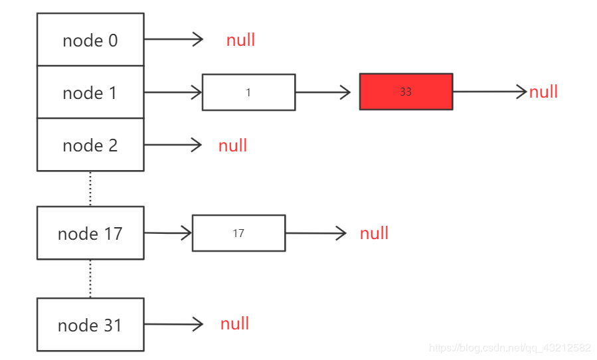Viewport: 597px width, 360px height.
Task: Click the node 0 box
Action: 90,40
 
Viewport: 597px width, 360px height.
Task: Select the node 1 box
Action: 90,92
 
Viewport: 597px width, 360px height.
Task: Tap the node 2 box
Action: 90,145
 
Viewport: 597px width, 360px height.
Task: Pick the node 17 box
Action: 90,233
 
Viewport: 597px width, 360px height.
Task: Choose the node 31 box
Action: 90,325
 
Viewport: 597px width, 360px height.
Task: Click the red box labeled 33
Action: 406,92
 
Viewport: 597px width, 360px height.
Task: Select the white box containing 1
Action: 248,92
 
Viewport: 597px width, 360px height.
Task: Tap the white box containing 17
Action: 238,233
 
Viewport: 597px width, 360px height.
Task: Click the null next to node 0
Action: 240,40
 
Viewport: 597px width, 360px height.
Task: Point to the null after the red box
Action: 543,92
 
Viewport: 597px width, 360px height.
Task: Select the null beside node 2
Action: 232,145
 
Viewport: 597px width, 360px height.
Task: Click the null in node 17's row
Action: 374,233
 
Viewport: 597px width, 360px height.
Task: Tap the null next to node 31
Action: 234,324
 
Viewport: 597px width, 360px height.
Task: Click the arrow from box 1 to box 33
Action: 323,92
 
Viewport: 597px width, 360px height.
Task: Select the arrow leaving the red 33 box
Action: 489,92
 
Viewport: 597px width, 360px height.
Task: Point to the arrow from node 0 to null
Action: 173,39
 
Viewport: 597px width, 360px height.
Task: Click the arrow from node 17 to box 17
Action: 167,233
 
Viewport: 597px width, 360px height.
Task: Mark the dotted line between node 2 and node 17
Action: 90,189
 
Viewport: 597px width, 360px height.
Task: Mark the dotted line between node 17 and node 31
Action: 90,278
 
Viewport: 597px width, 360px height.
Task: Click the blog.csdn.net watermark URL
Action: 509,348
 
